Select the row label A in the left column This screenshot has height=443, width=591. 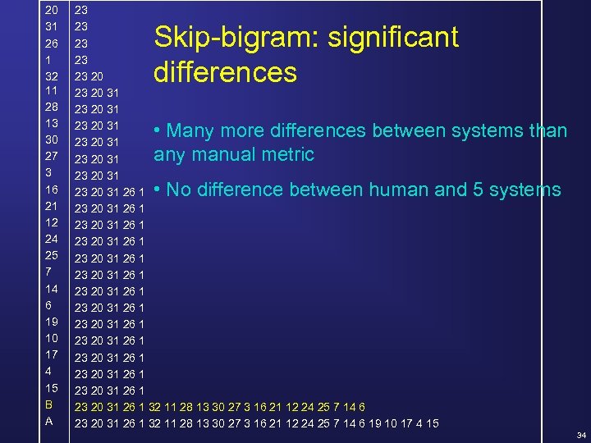coord(49,421)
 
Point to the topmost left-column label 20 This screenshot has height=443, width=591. coord(51,11)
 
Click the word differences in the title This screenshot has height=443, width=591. coord(225,73)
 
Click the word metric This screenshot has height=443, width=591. coord(285,154)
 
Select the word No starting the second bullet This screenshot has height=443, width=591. coord(179,190)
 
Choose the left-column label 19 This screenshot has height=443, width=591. coord(51,322)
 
